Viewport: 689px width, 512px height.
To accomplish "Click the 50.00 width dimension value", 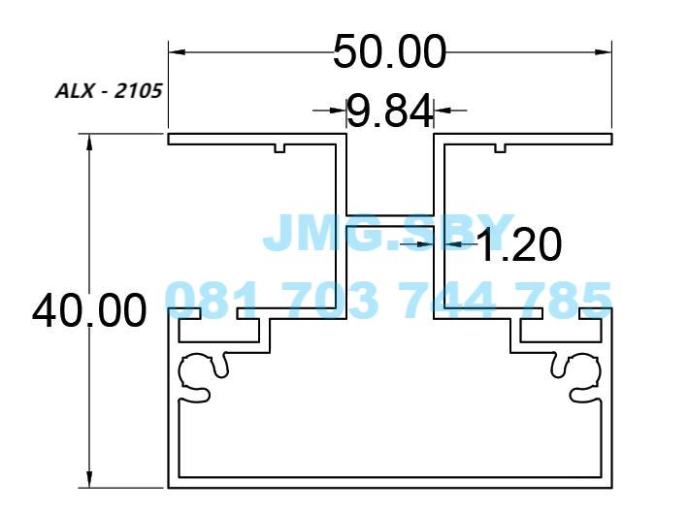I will pos(389,51).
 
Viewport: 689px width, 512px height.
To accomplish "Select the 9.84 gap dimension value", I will pos(389,112).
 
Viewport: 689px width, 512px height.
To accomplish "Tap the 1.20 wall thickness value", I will pos(518,245).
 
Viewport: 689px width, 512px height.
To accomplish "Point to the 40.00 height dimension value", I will pos(89,311).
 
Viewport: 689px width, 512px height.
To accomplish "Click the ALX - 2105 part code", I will pos(108,92).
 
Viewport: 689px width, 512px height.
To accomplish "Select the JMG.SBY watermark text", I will pos(388,233).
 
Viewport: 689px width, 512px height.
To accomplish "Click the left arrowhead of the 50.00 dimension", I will pos(176,51).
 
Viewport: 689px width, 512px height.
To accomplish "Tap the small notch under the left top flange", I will pos(279,148).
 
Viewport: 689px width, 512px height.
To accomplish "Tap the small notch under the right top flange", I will pos(501,148).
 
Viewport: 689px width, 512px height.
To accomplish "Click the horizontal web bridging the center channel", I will pos(389,220).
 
